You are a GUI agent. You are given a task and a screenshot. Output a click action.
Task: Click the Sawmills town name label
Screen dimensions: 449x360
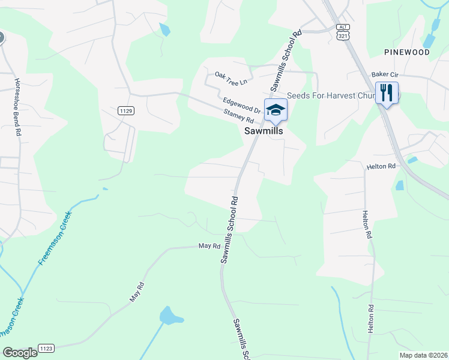click(x=263, y=130)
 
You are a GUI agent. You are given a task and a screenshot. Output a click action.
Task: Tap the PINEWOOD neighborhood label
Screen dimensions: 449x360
click(x=408, y=52)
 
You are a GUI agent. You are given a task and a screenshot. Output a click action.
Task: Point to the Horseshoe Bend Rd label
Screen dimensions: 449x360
click(x=18, y=107)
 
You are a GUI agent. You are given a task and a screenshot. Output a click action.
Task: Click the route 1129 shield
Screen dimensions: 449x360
click(x=125, y=110)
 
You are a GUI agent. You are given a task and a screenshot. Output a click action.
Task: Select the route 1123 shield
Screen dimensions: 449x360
click(x=46, y=348)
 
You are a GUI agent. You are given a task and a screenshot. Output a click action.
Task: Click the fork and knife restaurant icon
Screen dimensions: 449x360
click(x=387, y=92)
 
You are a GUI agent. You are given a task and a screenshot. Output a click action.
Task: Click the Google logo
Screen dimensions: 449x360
click(x=20, y=353)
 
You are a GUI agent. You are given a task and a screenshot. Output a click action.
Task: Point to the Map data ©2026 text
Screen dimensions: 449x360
click(x=423, y=355)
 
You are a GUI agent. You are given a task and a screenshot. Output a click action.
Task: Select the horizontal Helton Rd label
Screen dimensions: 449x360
click(x=382, y=166)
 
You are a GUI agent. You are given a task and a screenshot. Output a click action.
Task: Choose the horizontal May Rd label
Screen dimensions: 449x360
click(x=209, y=246)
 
